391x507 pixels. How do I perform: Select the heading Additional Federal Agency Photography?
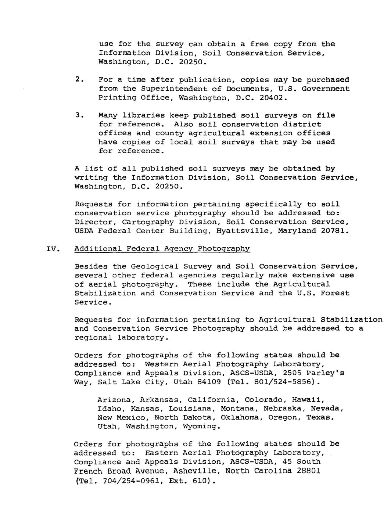(162, 249)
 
